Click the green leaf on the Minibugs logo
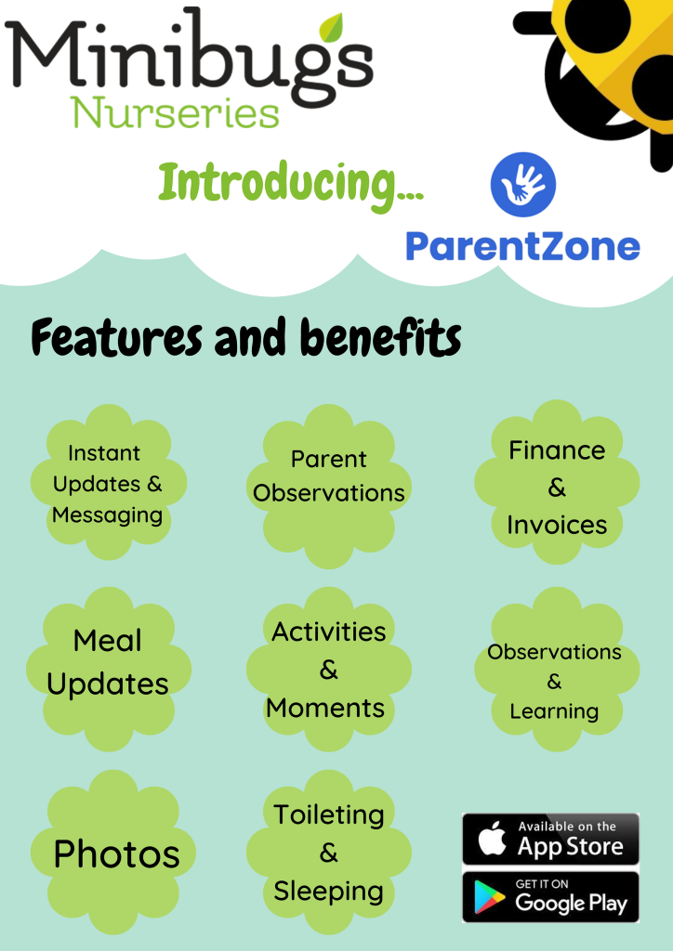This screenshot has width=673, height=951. pos(331,28)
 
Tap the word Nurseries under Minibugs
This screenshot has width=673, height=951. pos(175,112)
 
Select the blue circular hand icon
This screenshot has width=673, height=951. pos(523,185)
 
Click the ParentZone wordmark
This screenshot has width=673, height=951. pos(522,246)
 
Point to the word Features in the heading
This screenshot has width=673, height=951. pos(116,337)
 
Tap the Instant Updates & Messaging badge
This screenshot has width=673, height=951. pos(109,483)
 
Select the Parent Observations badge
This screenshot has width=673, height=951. pos(329,486)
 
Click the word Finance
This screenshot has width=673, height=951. pos(557,450)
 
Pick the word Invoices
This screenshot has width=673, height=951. pos(557,526)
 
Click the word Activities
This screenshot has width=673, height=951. pos(329,632)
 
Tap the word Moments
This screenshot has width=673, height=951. pos(325,708)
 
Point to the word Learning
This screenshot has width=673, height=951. pos(554,711)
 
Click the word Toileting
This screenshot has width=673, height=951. pos(329,815)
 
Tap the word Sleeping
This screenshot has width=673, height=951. pos(328,892)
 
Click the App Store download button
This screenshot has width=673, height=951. pos(550,839)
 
